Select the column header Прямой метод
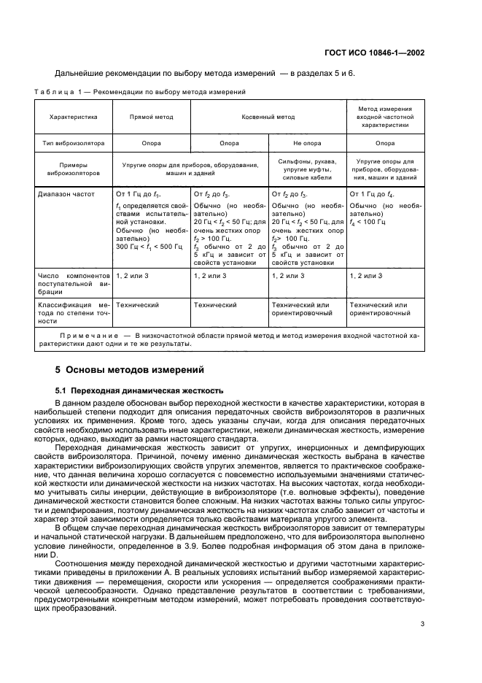point(151,116)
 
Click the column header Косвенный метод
point(268,116)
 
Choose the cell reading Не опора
point(307,144)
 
